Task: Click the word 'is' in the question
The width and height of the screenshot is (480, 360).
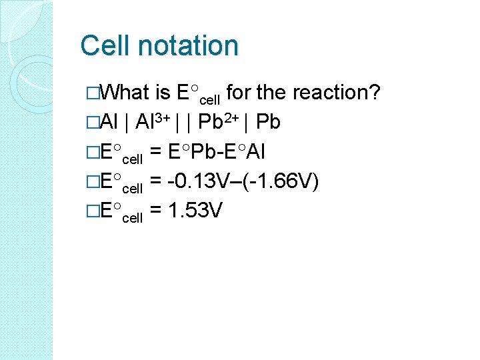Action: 163,92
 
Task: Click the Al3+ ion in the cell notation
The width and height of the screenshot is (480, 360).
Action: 152,121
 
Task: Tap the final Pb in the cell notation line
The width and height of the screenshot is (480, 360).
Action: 267,122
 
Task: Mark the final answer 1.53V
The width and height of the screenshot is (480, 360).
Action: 195,211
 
